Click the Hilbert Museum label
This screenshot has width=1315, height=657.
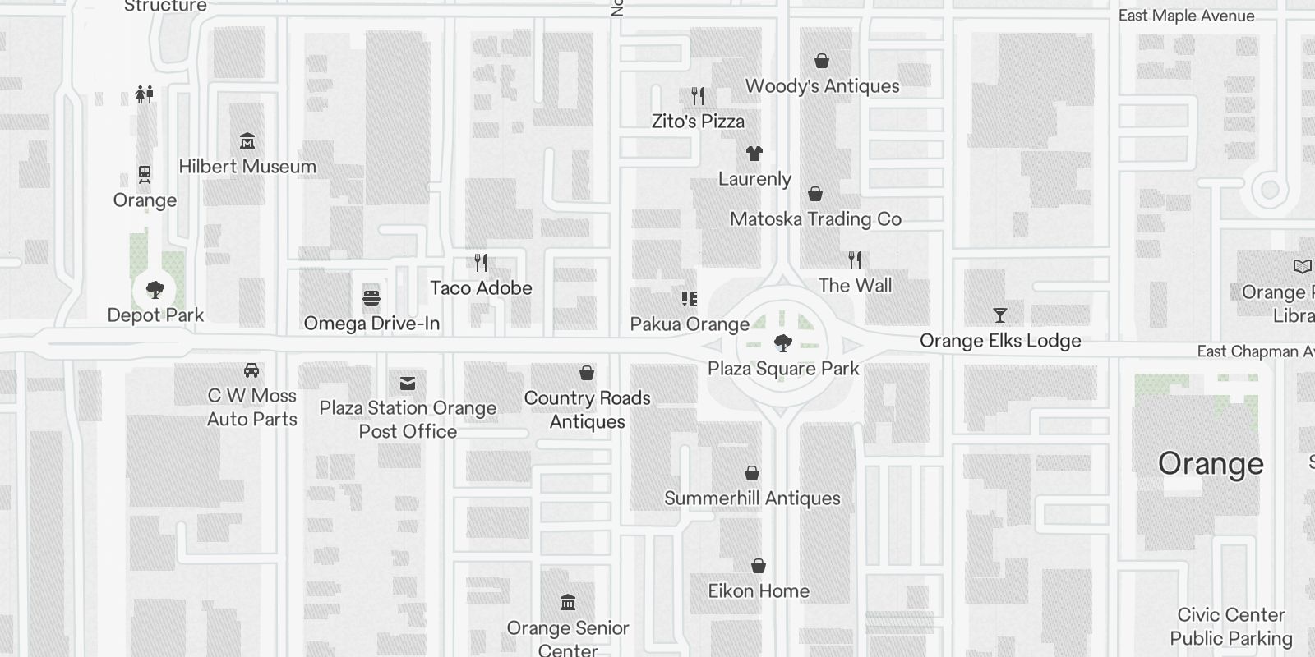coord(247,167)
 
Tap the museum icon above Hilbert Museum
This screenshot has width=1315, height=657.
coord(247,141)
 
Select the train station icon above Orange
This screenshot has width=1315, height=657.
coord(145,175)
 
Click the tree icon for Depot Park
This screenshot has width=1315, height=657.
coord(155,289)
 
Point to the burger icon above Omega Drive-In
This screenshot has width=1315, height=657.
coord(371,297)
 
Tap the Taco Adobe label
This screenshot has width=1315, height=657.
coord(481,288)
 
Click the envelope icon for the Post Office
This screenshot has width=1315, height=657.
coord(408,384)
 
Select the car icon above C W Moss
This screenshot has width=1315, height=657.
coord(252,370)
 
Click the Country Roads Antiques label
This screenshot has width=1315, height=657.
coord(587,410)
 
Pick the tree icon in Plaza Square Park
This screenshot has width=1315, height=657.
coord(783,342)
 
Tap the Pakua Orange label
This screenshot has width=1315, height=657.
coord(690,324)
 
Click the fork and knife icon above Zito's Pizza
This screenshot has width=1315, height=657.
coord(698,96)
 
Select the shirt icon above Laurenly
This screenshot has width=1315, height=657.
coord(754,154)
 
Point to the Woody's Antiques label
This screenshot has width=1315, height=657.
coord(822,86)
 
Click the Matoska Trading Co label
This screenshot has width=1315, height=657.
coord(815,219)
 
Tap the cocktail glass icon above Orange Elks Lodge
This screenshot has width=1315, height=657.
coord(1000,315)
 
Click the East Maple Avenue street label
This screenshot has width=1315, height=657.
coord(1186,16)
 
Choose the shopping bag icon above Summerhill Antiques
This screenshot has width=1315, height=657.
coord(752,473)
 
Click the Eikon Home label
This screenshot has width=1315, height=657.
coord(759,591)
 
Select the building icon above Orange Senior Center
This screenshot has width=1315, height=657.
coord(568,603)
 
